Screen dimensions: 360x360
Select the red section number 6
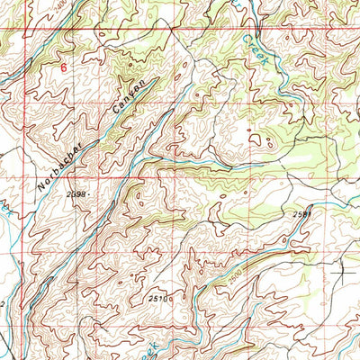point(63,67)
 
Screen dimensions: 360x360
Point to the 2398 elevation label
point(77,193)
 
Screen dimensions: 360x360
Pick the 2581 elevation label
point(302,214)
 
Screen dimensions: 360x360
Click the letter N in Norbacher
point(41,190)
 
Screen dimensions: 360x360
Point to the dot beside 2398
point(92,194)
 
